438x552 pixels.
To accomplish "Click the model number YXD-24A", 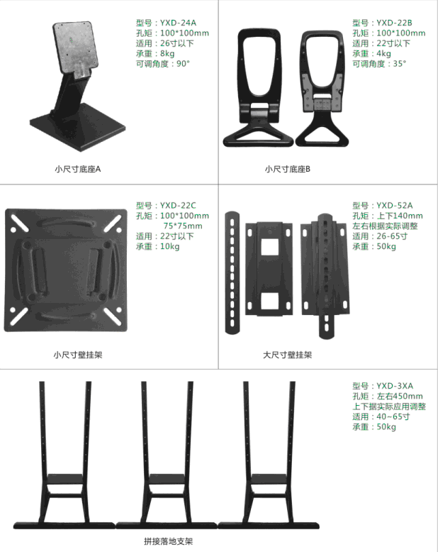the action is (178, 23).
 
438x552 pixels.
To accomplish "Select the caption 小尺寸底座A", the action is (78, 169).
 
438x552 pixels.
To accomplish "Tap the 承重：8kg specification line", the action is (155, 53).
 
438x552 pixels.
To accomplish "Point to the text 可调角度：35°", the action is (379, 64).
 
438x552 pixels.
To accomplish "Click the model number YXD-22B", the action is (394, 23).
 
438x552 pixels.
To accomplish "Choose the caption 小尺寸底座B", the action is (288, 169).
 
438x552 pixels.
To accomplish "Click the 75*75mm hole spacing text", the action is (183, 226).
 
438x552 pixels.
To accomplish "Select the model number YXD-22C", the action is (178, 205).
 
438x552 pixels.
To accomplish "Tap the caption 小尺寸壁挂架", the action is (78, 355).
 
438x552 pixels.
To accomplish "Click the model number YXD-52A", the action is (394, 205).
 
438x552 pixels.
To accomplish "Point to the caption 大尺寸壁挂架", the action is (288, 355).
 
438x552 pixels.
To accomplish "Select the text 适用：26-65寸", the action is (380, 236).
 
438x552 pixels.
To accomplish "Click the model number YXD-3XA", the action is (395, 386).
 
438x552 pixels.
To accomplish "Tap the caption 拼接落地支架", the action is (169, 541).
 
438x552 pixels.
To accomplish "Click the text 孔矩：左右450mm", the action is (388, 396).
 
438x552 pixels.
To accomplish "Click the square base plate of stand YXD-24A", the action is (78, 127).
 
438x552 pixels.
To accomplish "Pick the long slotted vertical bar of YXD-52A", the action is (232, 273).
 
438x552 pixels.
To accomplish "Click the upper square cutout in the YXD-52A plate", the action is (270, 247).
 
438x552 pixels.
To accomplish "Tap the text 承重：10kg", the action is (157, 246).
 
